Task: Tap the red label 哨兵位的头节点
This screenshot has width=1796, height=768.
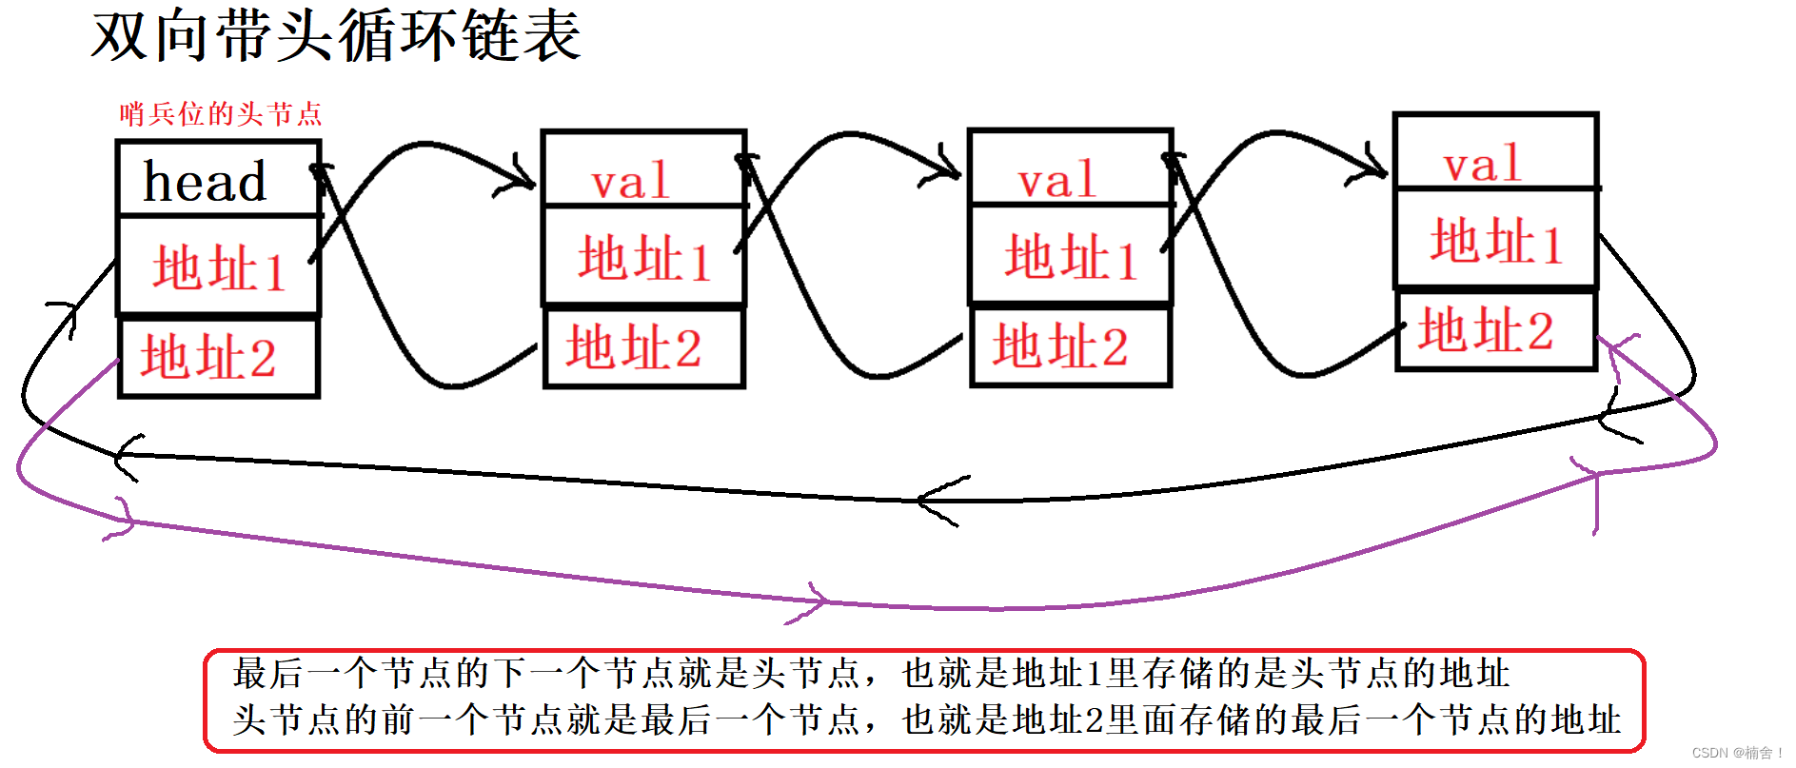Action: (x=221, y=114)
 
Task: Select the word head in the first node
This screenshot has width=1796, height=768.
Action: (x=205, y=181)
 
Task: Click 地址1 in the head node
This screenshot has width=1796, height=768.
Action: (x=219, y=268)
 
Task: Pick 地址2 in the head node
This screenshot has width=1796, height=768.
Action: (x=208, y=357)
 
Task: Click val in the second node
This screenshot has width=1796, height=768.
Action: (x=630, y=181)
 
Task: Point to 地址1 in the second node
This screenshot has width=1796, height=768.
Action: (x=644, y=259)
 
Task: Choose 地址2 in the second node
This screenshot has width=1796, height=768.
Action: (x=634, y=346)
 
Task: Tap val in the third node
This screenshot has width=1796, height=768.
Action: (x=1056, y=180)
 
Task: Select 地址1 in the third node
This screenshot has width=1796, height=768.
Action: (x=1071, y=258)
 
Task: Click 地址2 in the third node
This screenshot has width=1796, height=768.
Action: (x=1060, y=345)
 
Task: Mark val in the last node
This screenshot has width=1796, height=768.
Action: (x=1482, y=165)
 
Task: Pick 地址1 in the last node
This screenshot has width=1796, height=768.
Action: (x=1496, y=241)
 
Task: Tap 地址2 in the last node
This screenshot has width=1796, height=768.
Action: (x=1486, y=330)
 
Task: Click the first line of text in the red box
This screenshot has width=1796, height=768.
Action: (x=871, y=674)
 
